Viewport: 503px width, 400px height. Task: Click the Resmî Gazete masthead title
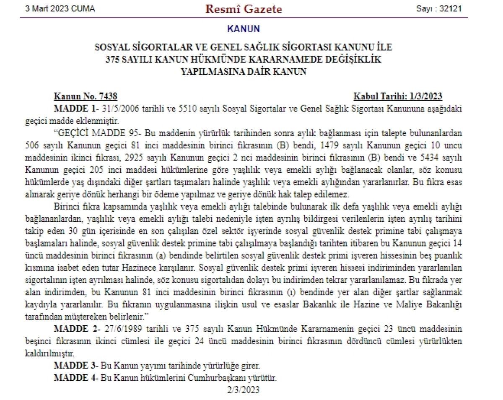click(244, 9)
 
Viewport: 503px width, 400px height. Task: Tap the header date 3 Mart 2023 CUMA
click(60, 9)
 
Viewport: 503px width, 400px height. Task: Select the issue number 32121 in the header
click(451, 9)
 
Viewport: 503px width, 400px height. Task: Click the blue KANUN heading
click(243, 29)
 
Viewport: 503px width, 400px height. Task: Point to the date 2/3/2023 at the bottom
click(243, 390)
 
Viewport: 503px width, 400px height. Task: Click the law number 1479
click(337, 146)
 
